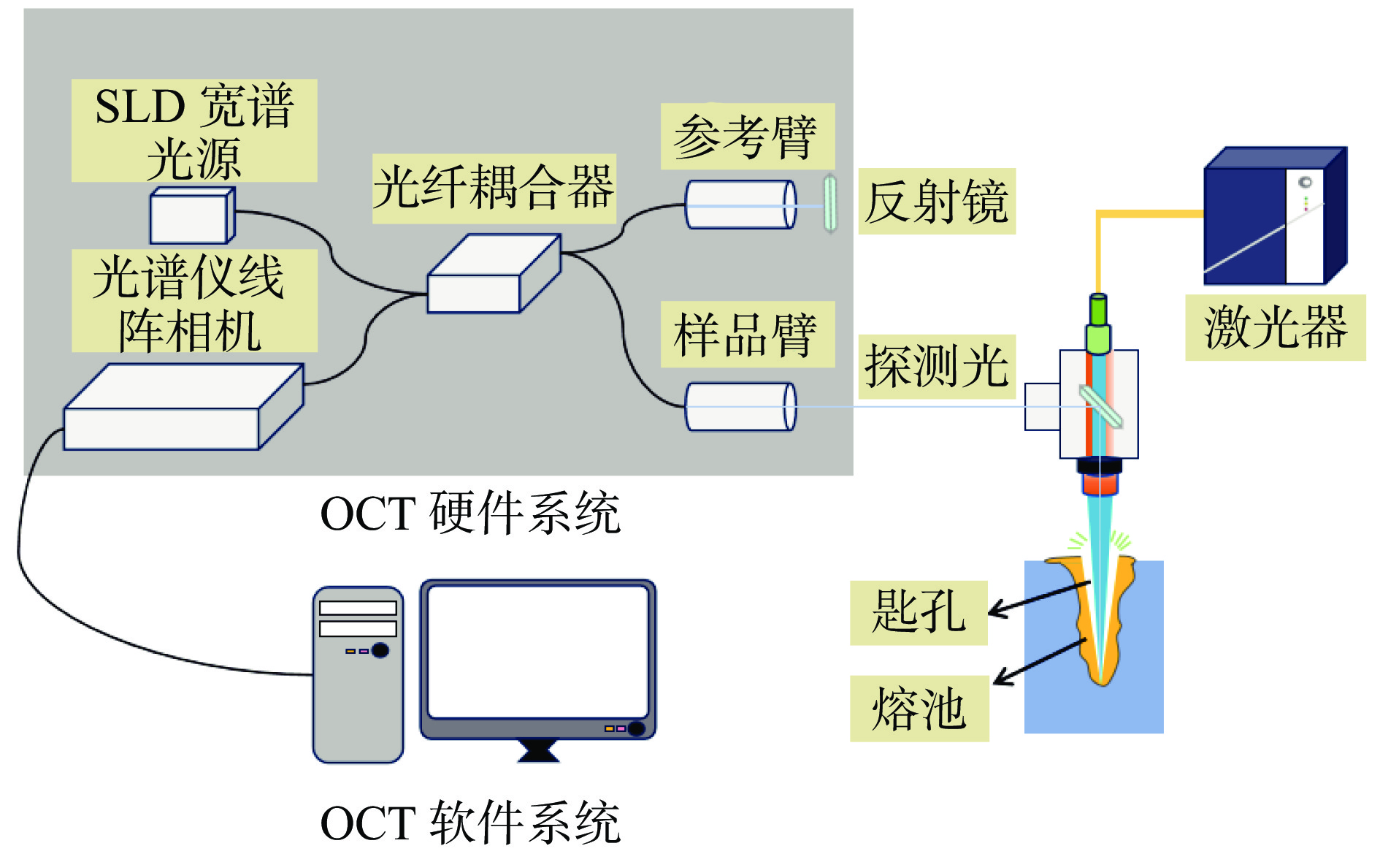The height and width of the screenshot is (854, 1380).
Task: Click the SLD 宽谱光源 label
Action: coord(194,130)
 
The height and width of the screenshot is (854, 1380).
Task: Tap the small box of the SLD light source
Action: coord(191,216)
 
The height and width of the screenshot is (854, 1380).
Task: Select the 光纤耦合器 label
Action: coord(494,188)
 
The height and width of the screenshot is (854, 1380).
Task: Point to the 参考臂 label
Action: coord(746,137)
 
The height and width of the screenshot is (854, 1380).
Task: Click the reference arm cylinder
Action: coord(740,205)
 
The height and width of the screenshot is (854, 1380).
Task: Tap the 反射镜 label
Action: coord(936,202)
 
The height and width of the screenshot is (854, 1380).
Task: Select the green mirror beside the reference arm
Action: coord(830,203)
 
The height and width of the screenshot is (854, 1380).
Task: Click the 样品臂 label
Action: coord(746,335)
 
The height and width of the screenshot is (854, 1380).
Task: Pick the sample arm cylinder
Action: coord(740,406)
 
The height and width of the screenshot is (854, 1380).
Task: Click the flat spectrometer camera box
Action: coord(183,409)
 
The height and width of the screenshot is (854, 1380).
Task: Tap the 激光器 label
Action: coord(1275,327)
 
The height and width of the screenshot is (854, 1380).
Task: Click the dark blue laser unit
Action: coord(1273,217)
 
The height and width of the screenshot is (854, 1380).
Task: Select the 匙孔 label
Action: coord(918,612)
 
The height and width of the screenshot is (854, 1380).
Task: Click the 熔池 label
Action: coord(919,709)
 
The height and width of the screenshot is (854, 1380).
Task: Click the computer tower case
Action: coord(358,676)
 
